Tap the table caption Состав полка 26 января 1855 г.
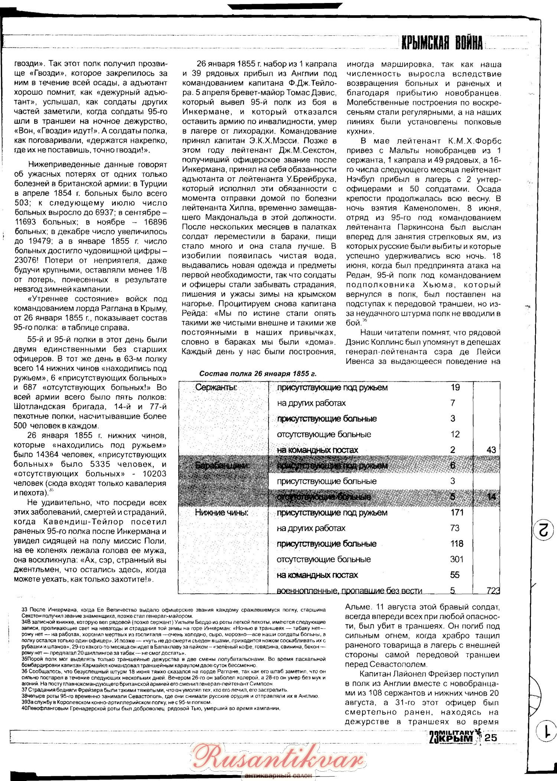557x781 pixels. tap(258, 374)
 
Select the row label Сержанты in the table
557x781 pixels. tap(216, 388)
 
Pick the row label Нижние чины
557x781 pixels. tap(222, 513)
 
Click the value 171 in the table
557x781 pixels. tap(457, 513)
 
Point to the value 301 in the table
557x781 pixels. tap(457, 560)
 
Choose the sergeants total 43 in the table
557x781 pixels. tap(491, 450)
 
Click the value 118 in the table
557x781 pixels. tap(457, 544)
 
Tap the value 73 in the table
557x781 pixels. tap(455, 528)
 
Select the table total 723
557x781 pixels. tap(493, 591)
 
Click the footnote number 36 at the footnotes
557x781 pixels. tap(25, 671)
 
